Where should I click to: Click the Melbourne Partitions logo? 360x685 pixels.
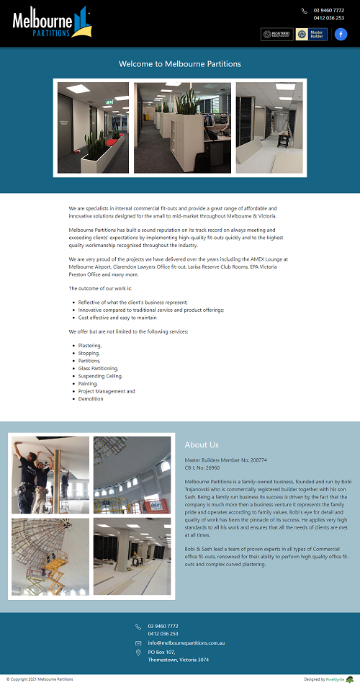click(52, 22)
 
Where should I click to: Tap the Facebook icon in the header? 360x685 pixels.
click(341, 34)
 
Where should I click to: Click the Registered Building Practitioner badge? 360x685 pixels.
click(276, 34)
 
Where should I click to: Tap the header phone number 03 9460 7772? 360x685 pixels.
click(328, 10)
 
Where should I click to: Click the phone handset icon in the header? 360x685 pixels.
click(305, 11)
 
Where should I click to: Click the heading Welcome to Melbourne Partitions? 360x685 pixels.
click(180, 64)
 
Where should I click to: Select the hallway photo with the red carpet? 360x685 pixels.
click(94, 127)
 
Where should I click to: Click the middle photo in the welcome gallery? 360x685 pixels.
click(182, 127)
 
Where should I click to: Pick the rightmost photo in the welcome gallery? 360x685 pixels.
click(269, 127)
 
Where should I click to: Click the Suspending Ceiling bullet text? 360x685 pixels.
click(100, 376)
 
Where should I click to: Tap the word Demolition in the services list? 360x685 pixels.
click(91, 399)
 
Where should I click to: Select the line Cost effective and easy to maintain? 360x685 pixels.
click(117, 318)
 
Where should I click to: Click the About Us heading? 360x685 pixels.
click(202, 445)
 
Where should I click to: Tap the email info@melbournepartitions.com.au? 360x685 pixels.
click(186, 643)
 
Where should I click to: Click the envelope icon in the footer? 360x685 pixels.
click(138, 643)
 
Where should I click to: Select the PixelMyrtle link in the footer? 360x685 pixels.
click(335, 679)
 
